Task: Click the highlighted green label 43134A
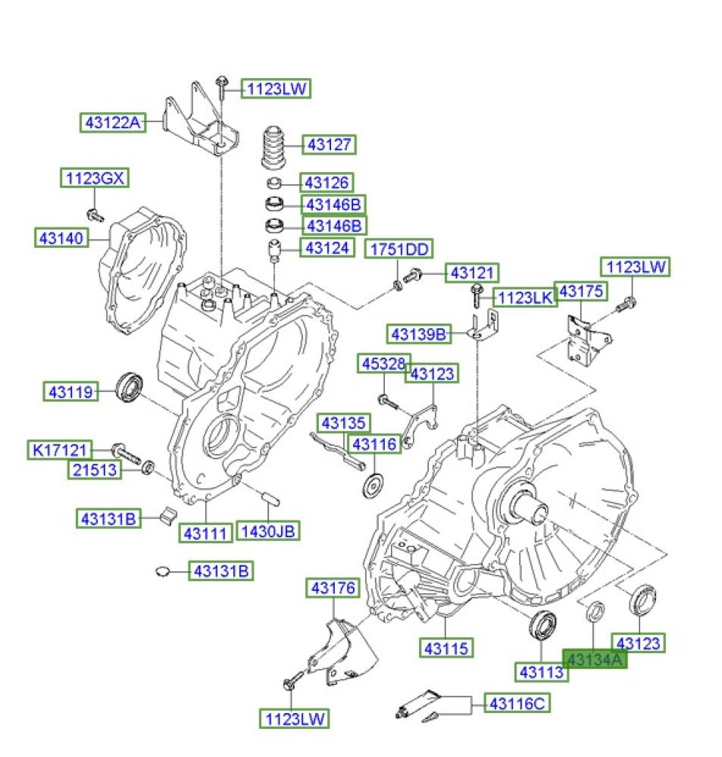tap(595, 659)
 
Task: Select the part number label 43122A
tap(113, 121)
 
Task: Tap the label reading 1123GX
tap(95, 179)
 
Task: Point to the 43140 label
tap(60, 238)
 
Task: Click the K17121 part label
tap(61, 450)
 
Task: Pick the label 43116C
tap(517, 704)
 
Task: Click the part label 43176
tap(332, 588)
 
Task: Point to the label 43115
tap(447, 648)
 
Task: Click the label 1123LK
tap(524, 297)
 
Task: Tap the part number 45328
tap(384, 364)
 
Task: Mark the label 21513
tap(95, 470)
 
